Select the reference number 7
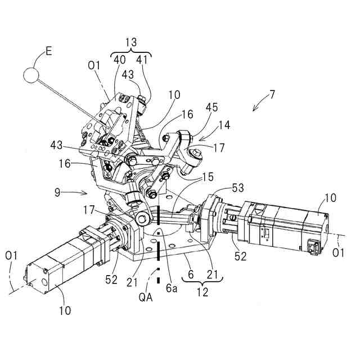pyautogui.click(x=272, y=94)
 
